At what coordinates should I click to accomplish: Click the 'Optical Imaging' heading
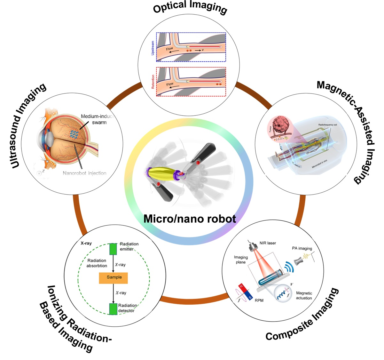[190, 7]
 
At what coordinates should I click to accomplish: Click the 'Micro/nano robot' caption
[190, 219]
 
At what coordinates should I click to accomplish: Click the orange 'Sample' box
[114, 277]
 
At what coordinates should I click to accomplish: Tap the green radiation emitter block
[113, 249]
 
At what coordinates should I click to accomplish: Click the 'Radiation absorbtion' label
[97, 263]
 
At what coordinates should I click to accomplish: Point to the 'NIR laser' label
[268, 243]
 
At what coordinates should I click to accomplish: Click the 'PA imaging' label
[302, 248]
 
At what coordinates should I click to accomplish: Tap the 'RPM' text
[259, 300]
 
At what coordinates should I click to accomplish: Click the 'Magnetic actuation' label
[304, 295]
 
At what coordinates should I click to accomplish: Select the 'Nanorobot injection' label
[84, 173]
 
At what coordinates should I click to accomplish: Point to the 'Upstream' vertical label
[153, 47]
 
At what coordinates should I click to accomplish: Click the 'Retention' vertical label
[153, 82]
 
